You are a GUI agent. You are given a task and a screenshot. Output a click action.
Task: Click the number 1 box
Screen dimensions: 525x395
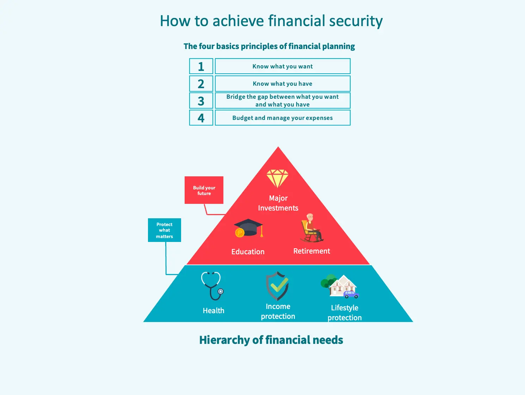click(201, 66)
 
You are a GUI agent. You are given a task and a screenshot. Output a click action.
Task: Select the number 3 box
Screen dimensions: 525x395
click(201, 101)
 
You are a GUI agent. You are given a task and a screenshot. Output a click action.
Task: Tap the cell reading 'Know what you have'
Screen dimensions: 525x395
click(283, 84)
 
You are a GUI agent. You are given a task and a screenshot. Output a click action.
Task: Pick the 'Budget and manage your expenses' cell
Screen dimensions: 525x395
click(283, 118)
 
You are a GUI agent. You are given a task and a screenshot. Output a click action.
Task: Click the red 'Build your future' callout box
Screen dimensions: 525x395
click(204, 190)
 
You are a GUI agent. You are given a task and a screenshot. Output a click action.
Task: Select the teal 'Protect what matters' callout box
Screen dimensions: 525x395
click(164, 230)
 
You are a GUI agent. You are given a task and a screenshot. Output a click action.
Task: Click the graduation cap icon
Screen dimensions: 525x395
click(249, 227)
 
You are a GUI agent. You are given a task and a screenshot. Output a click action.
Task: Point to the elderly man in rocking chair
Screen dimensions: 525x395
click(311, 228)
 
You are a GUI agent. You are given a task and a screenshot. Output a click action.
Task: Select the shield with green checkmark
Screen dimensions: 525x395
click(277, 286)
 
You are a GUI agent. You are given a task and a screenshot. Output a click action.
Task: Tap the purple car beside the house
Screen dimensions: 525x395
click(351, 294)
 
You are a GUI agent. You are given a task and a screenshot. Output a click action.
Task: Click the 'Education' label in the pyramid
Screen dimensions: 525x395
click(248, 251)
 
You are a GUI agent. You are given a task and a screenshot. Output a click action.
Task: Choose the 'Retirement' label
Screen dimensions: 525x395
click(311, 251)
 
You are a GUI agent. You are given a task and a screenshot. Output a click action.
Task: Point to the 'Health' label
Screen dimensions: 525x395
click(214, 310)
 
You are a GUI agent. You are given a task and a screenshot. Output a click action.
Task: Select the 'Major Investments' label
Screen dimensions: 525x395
click(278, 203)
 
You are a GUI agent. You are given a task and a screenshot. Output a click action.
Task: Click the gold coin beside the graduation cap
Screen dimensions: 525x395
click(240, 232)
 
